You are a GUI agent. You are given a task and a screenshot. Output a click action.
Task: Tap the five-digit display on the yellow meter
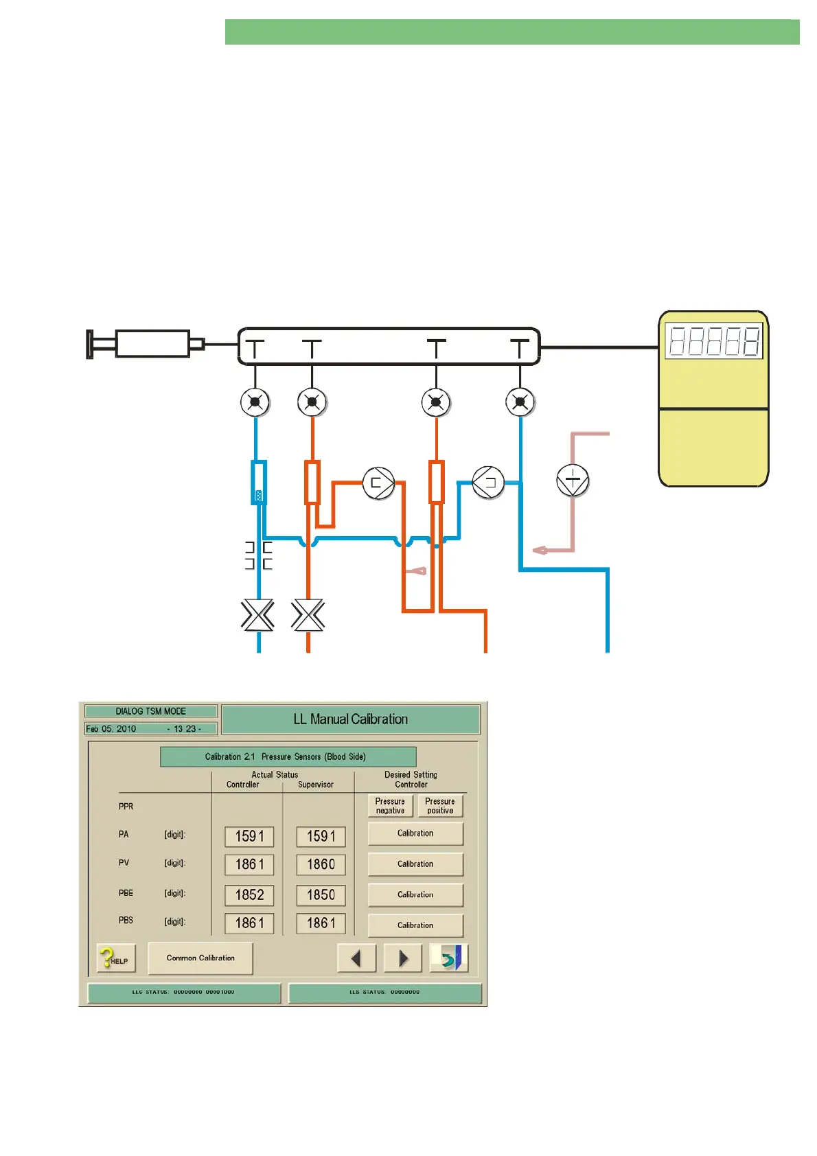(x=714, y=341)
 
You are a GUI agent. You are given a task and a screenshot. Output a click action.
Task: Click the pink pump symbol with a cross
(x=573, y=480)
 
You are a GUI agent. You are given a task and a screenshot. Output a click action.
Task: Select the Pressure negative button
(x=390, y=806)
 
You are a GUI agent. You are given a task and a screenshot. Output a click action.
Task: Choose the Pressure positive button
(x=440, y=806)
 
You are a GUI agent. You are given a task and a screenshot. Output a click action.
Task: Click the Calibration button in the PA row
(x=415, y=833)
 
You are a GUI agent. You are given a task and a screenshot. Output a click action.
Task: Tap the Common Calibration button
(x=200, y=958)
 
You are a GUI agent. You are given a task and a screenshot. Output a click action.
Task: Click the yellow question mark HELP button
(x=115, y=958)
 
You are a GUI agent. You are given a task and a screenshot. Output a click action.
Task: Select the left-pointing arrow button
(x=356, y=958)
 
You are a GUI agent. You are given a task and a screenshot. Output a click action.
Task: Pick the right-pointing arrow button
(x=403, y=958)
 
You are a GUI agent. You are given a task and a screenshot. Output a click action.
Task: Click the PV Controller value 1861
(x=249, y=864)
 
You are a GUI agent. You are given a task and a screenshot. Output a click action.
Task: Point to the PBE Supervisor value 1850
(x=321, y=895)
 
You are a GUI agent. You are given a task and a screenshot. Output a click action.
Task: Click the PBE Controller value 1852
(x=249, y=895)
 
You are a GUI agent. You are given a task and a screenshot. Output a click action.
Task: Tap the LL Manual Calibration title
(x=350, y=719)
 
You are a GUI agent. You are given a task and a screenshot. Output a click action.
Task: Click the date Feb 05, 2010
(x=111, y=729)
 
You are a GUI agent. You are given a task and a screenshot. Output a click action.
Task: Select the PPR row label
(x=126, y=807)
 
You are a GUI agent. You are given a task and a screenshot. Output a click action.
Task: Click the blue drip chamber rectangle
(x=258, y=483)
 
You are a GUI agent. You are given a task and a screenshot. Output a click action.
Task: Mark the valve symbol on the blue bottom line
(x=258, y=615)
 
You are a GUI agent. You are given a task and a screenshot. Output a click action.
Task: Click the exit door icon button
(x=449, y=958)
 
